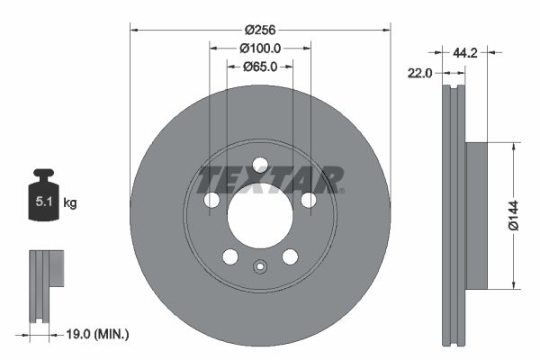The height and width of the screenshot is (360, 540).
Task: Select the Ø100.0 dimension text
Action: point(260,49)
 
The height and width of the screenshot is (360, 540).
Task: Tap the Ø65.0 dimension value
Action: point(260,66)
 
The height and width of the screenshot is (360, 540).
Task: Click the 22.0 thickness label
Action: point(420,73)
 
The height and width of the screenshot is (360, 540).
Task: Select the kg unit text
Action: point(70,203)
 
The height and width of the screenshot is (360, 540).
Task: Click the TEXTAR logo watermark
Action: point(270,179)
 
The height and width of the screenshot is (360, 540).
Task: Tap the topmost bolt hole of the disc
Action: point(260,164)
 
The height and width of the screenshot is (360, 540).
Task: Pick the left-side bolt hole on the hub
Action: point(212,200)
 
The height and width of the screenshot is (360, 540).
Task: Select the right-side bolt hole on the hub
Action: point(308,200)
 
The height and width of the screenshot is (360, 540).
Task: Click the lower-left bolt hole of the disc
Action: point(230,256)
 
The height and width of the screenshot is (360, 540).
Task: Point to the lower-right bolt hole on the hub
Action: point(290,256)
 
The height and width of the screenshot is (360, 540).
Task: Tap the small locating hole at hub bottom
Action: point(260,266)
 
